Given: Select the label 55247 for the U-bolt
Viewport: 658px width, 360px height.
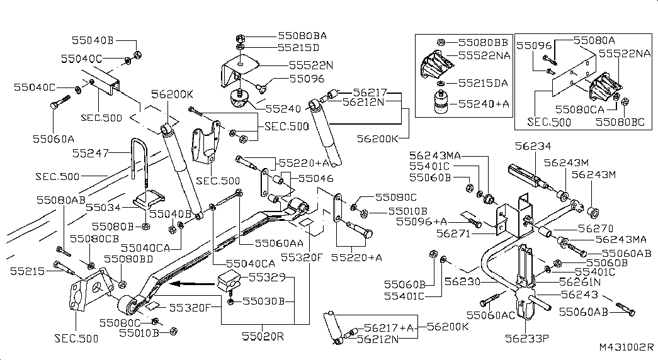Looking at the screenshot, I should pyautogui.click(x=90, y=153).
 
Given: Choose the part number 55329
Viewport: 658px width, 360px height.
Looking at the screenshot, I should pyautogui.click(x=267, y=278).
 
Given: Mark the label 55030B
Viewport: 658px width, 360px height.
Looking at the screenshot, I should pyautogui.click(x=266, y=301).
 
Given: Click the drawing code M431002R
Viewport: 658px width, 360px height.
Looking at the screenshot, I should pyautogui.click(x=626, y=347).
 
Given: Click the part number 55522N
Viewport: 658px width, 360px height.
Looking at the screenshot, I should pyautogui.click(x=311, y=65).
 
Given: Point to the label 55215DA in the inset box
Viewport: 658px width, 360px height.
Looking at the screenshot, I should pyautogui.click(x=483, y=83).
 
